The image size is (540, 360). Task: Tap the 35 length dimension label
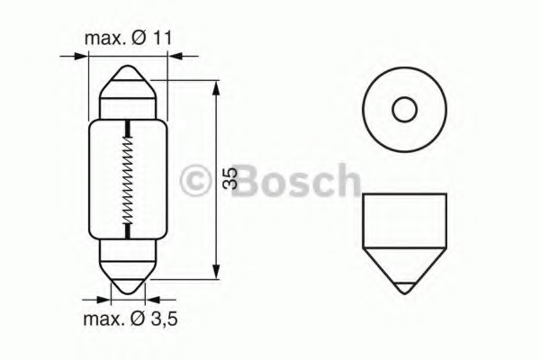[x=229, y=178]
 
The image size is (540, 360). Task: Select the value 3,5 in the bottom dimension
[x=164, y=319]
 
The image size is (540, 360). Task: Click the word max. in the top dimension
[x=105, y=39]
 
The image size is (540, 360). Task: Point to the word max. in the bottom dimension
[x=103, y=319]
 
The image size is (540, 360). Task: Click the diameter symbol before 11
[x=139, y=38]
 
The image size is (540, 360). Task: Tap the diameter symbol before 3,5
[x=138, y=319]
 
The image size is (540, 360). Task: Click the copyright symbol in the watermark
[x=195, y=181]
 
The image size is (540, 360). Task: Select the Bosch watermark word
[x=296, y=180]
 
